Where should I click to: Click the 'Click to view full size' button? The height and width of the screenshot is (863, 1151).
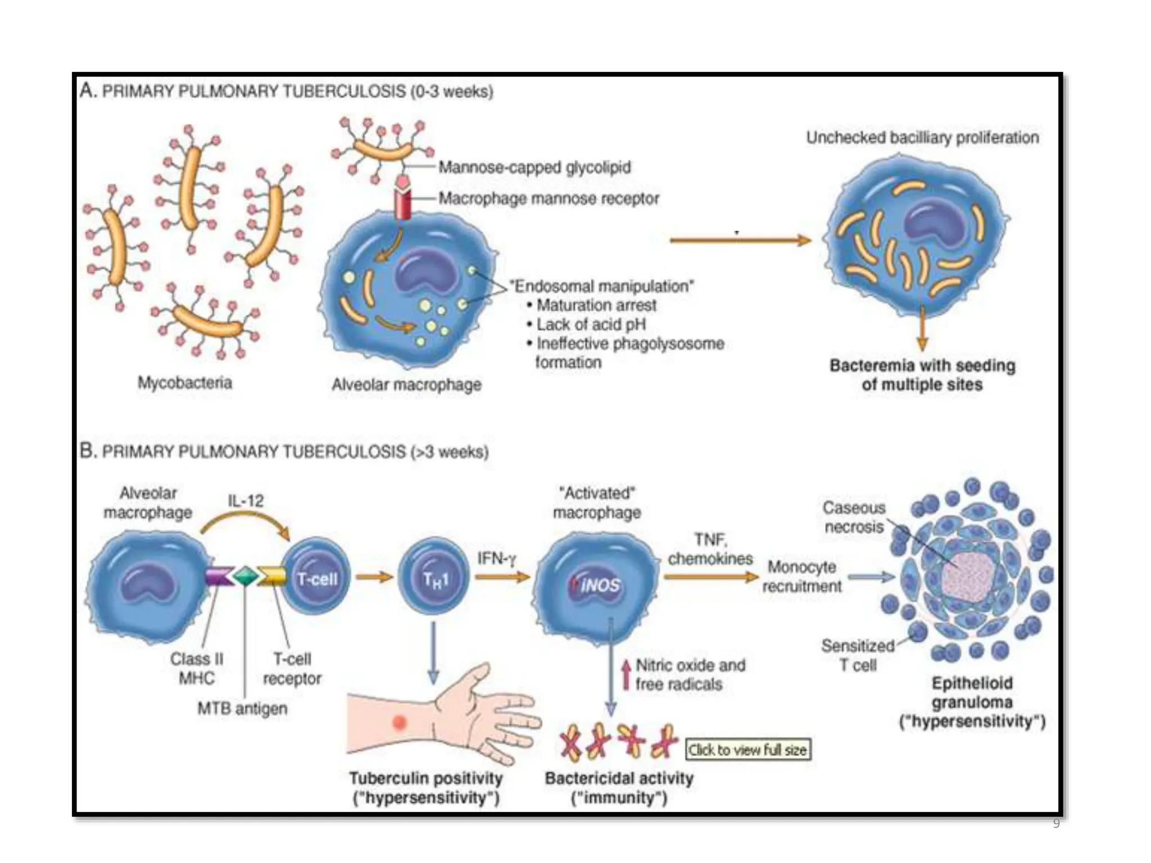pos(748,750)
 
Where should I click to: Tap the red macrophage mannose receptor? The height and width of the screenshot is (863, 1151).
pos(403,203)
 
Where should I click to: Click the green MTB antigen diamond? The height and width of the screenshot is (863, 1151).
pos(246,576)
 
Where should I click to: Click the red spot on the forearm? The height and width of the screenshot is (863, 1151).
pos(400,721)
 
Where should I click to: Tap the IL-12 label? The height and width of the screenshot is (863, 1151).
pos(246,501)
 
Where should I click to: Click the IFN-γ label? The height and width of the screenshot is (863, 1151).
pos(496,558)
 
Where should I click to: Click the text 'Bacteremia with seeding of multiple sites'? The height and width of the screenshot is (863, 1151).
pos(922,375)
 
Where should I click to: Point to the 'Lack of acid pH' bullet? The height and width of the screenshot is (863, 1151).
pos(590,325)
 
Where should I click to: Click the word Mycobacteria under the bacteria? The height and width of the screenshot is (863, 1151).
pos(185,383)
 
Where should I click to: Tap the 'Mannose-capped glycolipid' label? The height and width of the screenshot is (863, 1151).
pos(534,167)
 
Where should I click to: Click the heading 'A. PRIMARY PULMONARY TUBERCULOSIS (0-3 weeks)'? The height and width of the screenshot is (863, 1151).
pos(287,91)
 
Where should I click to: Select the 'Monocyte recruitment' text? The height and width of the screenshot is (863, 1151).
pos(802,576)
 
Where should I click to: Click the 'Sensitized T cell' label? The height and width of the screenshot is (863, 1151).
pos(858,655)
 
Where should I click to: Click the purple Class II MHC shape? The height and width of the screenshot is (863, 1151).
pos(219,576)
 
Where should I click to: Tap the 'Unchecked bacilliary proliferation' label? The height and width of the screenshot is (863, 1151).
pos(922,138)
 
